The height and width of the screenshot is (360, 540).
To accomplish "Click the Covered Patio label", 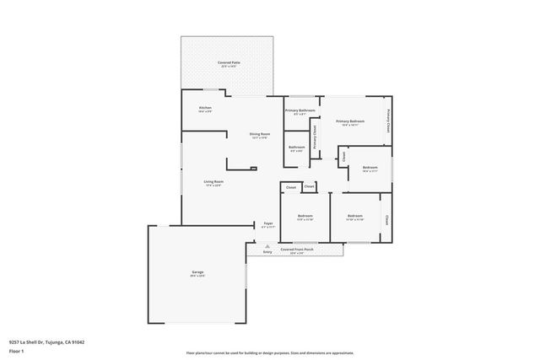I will click(x=229, y=62).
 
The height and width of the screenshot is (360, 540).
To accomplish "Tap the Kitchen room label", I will click(x=205, y=108).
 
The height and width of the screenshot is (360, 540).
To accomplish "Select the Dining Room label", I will click(x=259, y=134).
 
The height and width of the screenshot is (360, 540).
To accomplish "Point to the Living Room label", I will click(x=213, y=181).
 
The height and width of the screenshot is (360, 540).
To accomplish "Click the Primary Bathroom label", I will click(x=300, y=110).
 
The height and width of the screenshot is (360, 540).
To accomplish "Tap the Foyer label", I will click(x=267, y=223).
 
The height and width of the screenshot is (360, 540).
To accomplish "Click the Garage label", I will click(x=197, y=271).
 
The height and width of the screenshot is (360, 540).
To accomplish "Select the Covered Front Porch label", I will click(x=297, y=249).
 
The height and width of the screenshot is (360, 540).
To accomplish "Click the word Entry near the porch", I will click(x=267, y=252).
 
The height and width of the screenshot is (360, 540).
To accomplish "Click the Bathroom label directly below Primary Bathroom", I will click(x=297, y=148).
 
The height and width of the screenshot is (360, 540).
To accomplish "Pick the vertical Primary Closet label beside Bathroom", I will click(x=315, y=137).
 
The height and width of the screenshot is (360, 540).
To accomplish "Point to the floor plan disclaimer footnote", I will click(x=270, y=352).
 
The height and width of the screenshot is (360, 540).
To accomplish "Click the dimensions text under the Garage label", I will click(x=197, y=276).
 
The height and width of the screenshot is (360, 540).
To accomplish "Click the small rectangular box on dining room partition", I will click(x=253, y=169).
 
